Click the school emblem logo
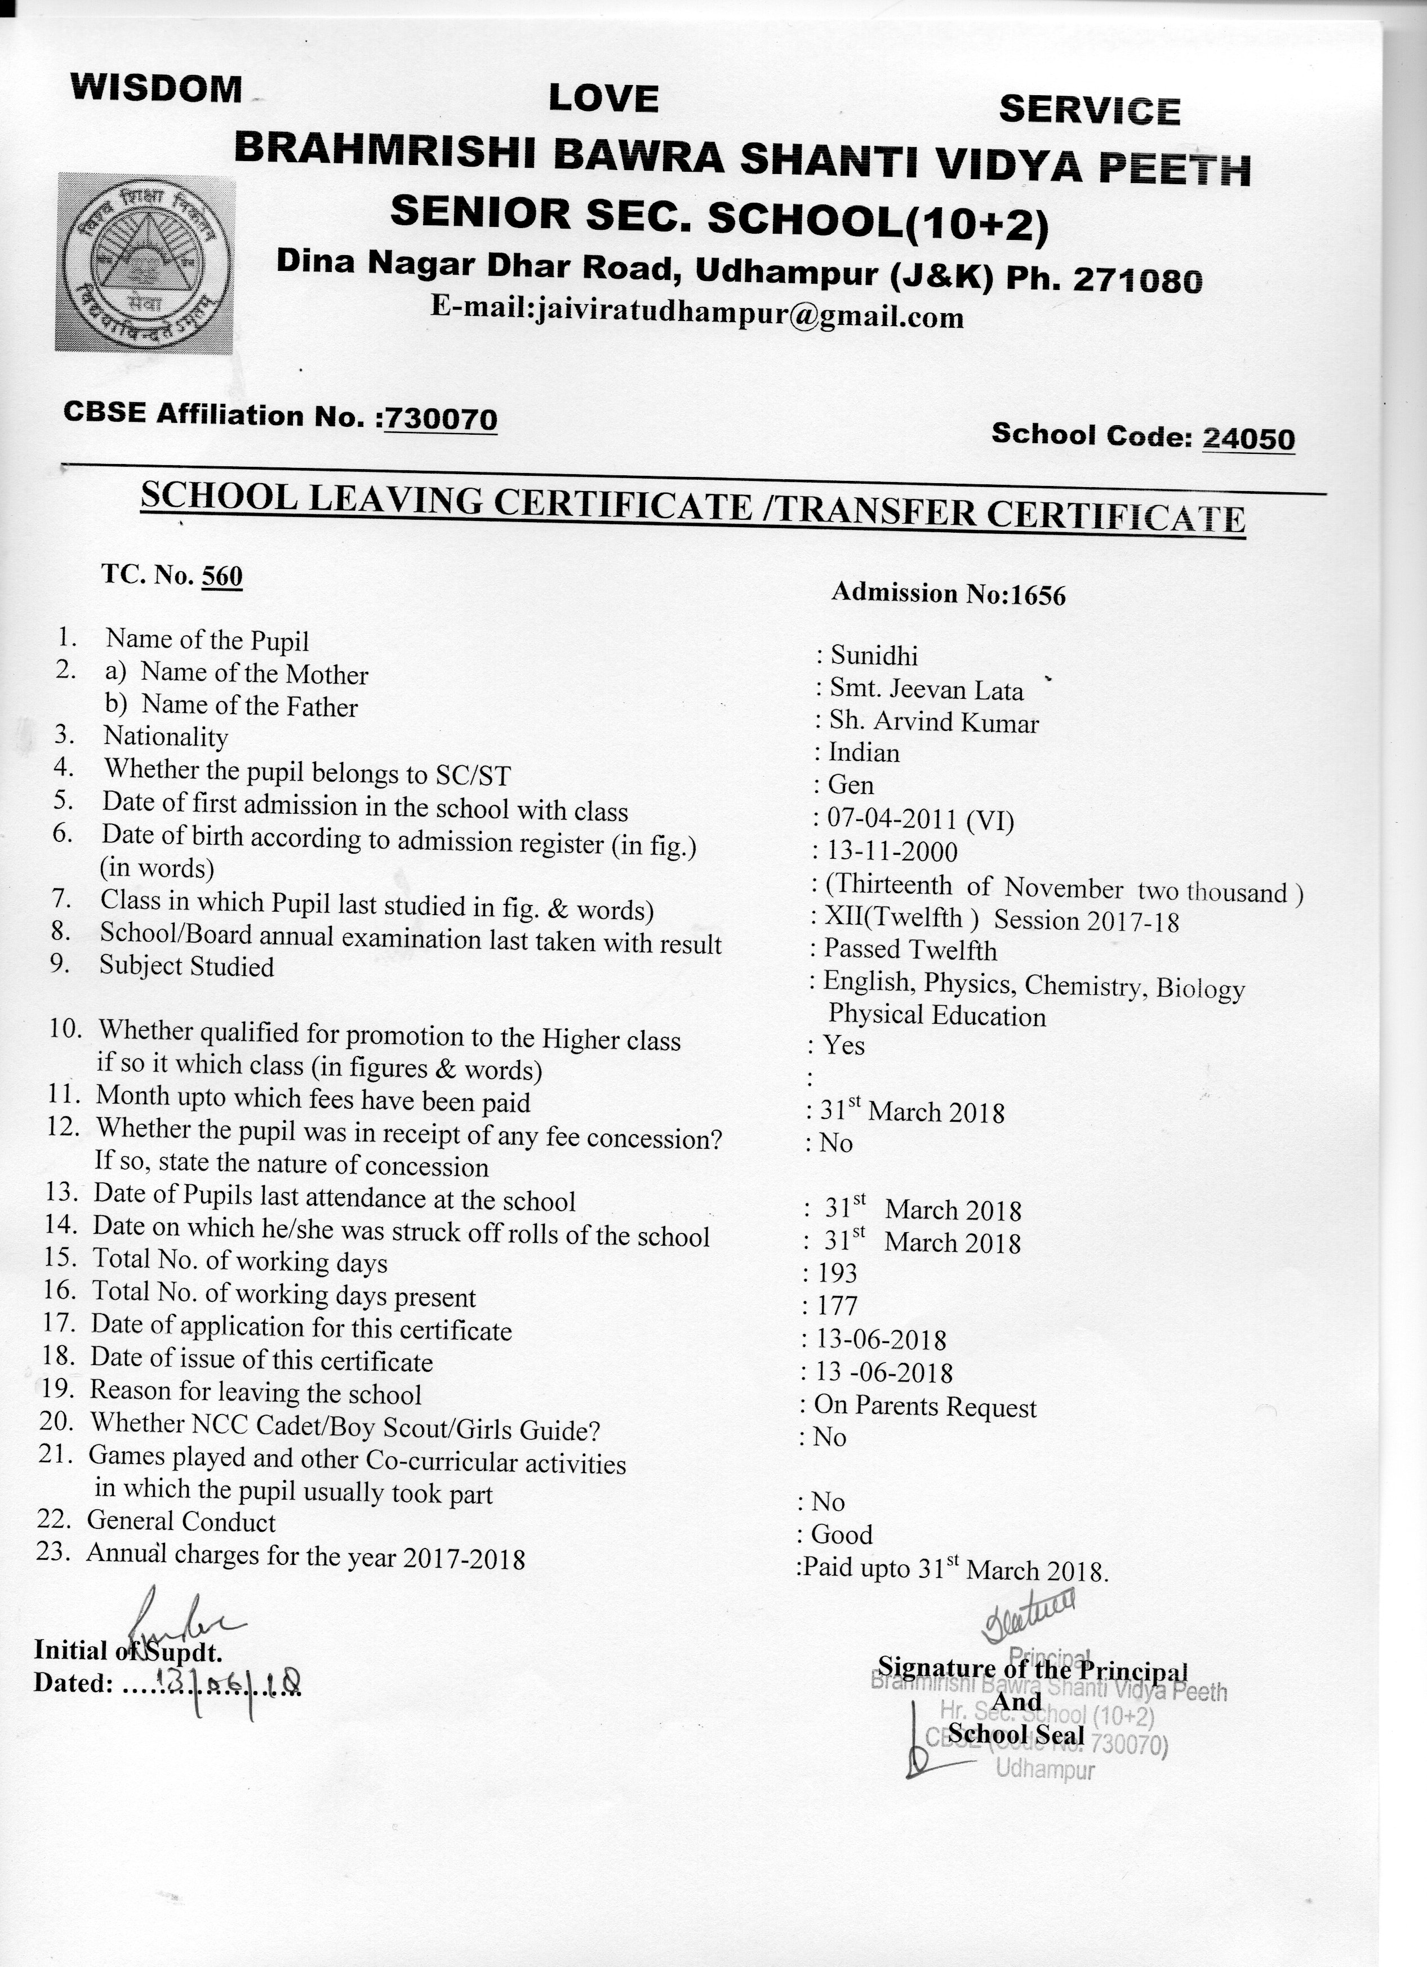click(x=145, y=262)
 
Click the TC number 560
click(x=221, y=576)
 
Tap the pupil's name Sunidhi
click(x=874, y=655)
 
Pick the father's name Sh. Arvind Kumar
click(x=933, y=721)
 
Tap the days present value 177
click(x=836, y=1306)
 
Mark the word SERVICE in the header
click(x=1090, y=110)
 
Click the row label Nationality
click(x=166, y=737)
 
